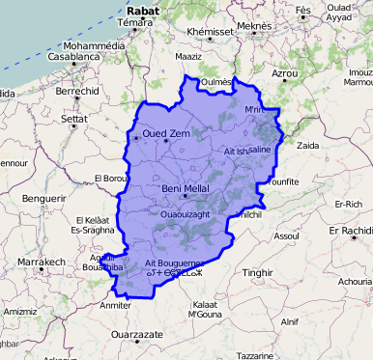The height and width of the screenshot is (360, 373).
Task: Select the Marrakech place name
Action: click(x=40, y=262)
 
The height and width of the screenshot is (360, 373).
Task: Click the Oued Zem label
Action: click(x=166, y=134)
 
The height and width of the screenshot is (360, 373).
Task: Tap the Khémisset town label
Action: click(x=212, y=32)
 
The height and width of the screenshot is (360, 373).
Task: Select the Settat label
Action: click(x=74, y=120)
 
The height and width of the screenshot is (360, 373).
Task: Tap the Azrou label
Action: click(x=285, y=73)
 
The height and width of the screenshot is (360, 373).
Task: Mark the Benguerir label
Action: click(x=43, y=197)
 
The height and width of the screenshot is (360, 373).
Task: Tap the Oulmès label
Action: click(x=216, y=82)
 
